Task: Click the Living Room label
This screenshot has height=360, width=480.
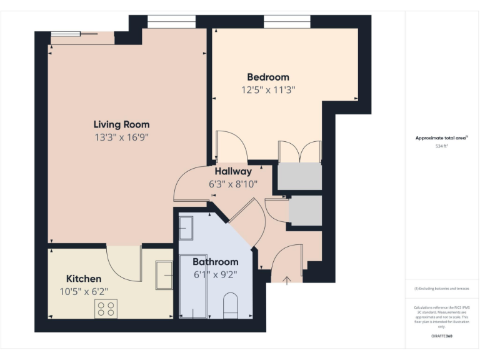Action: [121, 124]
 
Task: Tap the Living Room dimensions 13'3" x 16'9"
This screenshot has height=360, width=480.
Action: [121, 136]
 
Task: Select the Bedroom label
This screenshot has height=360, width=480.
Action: [268, 77]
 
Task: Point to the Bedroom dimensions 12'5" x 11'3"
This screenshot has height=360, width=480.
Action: [268, 89]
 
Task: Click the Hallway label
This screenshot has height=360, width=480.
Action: [233, 171]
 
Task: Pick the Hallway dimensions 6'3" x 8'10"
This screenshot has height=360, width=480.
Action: [233, 184]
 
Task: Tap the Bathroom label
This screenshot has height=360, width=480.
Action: [215, 262]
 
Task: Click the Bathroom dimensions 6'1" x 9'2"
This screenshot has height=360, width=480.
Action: [215, 274]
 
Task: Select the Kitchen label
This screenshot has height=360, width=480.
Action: [84, 278]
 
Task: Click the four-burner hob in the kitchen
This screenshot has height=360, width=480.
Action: [106, 308]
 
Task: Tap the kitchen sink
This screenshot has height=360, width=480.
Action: [164, 275]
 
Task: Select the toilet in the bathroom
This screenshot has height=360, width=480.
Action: [231, 304]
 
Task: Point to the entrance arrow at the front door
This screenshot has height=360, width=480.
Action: [287, 280]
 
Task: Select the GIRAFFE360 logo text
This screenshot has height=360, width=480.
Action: [441, 336]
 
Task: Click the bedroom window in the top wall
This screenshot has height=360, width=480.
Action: [287, 22]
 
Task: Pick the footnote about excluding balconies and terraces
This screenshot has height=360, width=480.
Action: [441, 289]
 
